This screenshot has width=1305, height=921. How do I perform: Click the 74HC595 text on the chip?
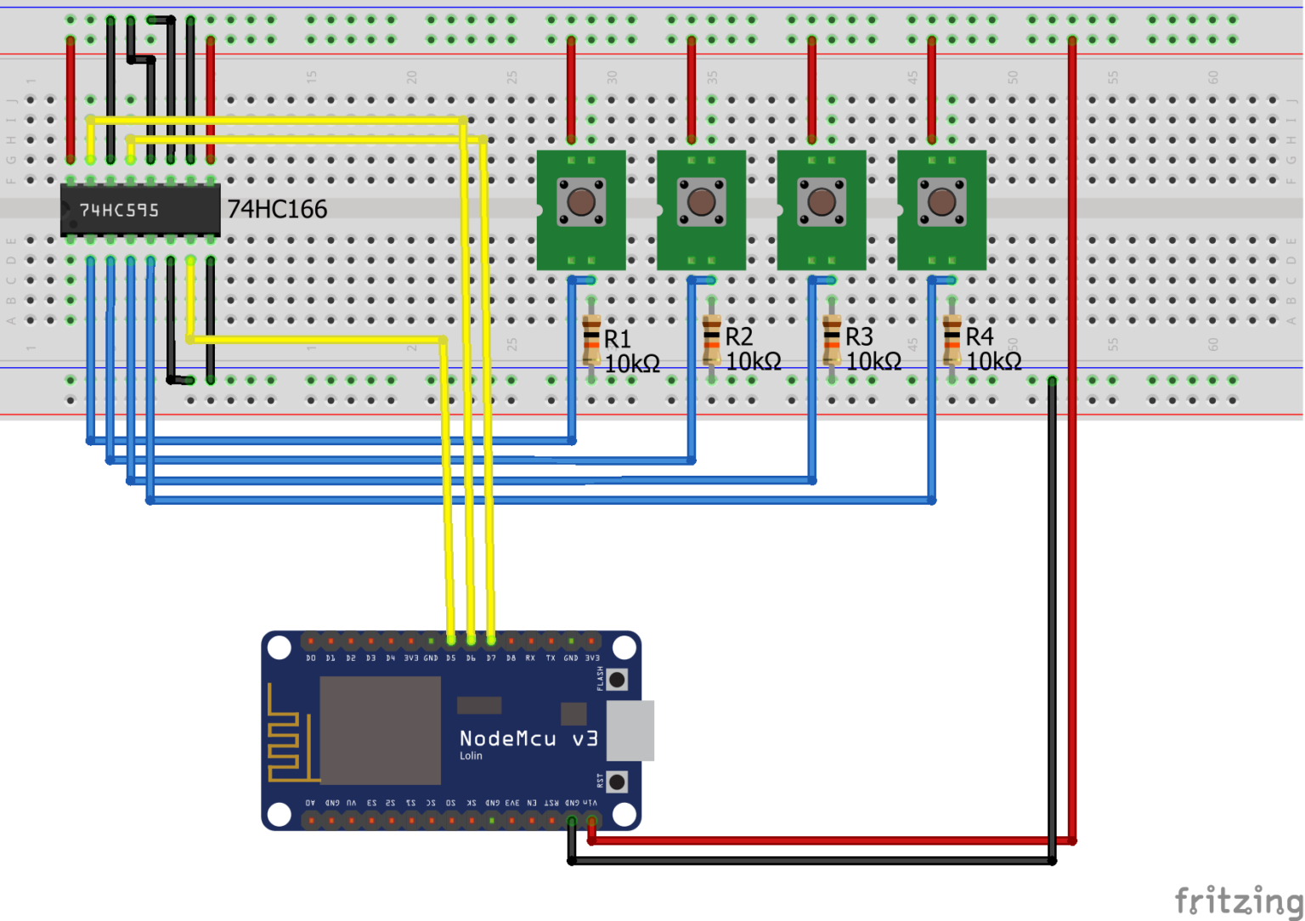coord(119,210)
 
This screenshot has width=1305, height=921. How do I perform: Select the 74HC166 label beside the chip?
coord(277,209)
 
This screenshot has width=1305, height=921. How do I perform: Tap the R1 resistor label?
coord(618,339)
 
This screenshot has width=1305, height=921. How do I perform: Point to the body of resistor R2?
coord(712,342)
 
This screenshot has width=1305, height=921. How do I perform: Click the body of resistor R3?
coord(832,342)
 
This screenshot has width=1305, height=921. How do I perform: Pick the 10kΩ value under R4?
coord(994,362)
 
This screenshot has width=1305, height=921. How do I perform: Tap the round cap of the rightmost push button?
coord(941,202)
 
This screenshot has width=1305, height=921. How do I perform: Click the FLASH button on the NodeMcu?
coord(617,679)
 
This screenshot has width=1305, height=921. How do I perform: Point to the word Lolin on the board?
coord(471,756)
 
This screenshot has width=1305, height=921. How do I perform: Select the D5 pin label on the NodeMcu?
coord(450,658)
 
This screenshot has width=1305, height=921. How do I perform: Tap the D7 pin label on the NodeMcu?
coord(491,658)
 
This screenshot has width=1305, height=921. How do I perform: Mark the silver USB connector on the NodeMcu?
coord(630,731)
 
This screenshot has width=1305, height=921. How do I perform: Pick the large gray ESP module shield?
coord(380,731)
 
